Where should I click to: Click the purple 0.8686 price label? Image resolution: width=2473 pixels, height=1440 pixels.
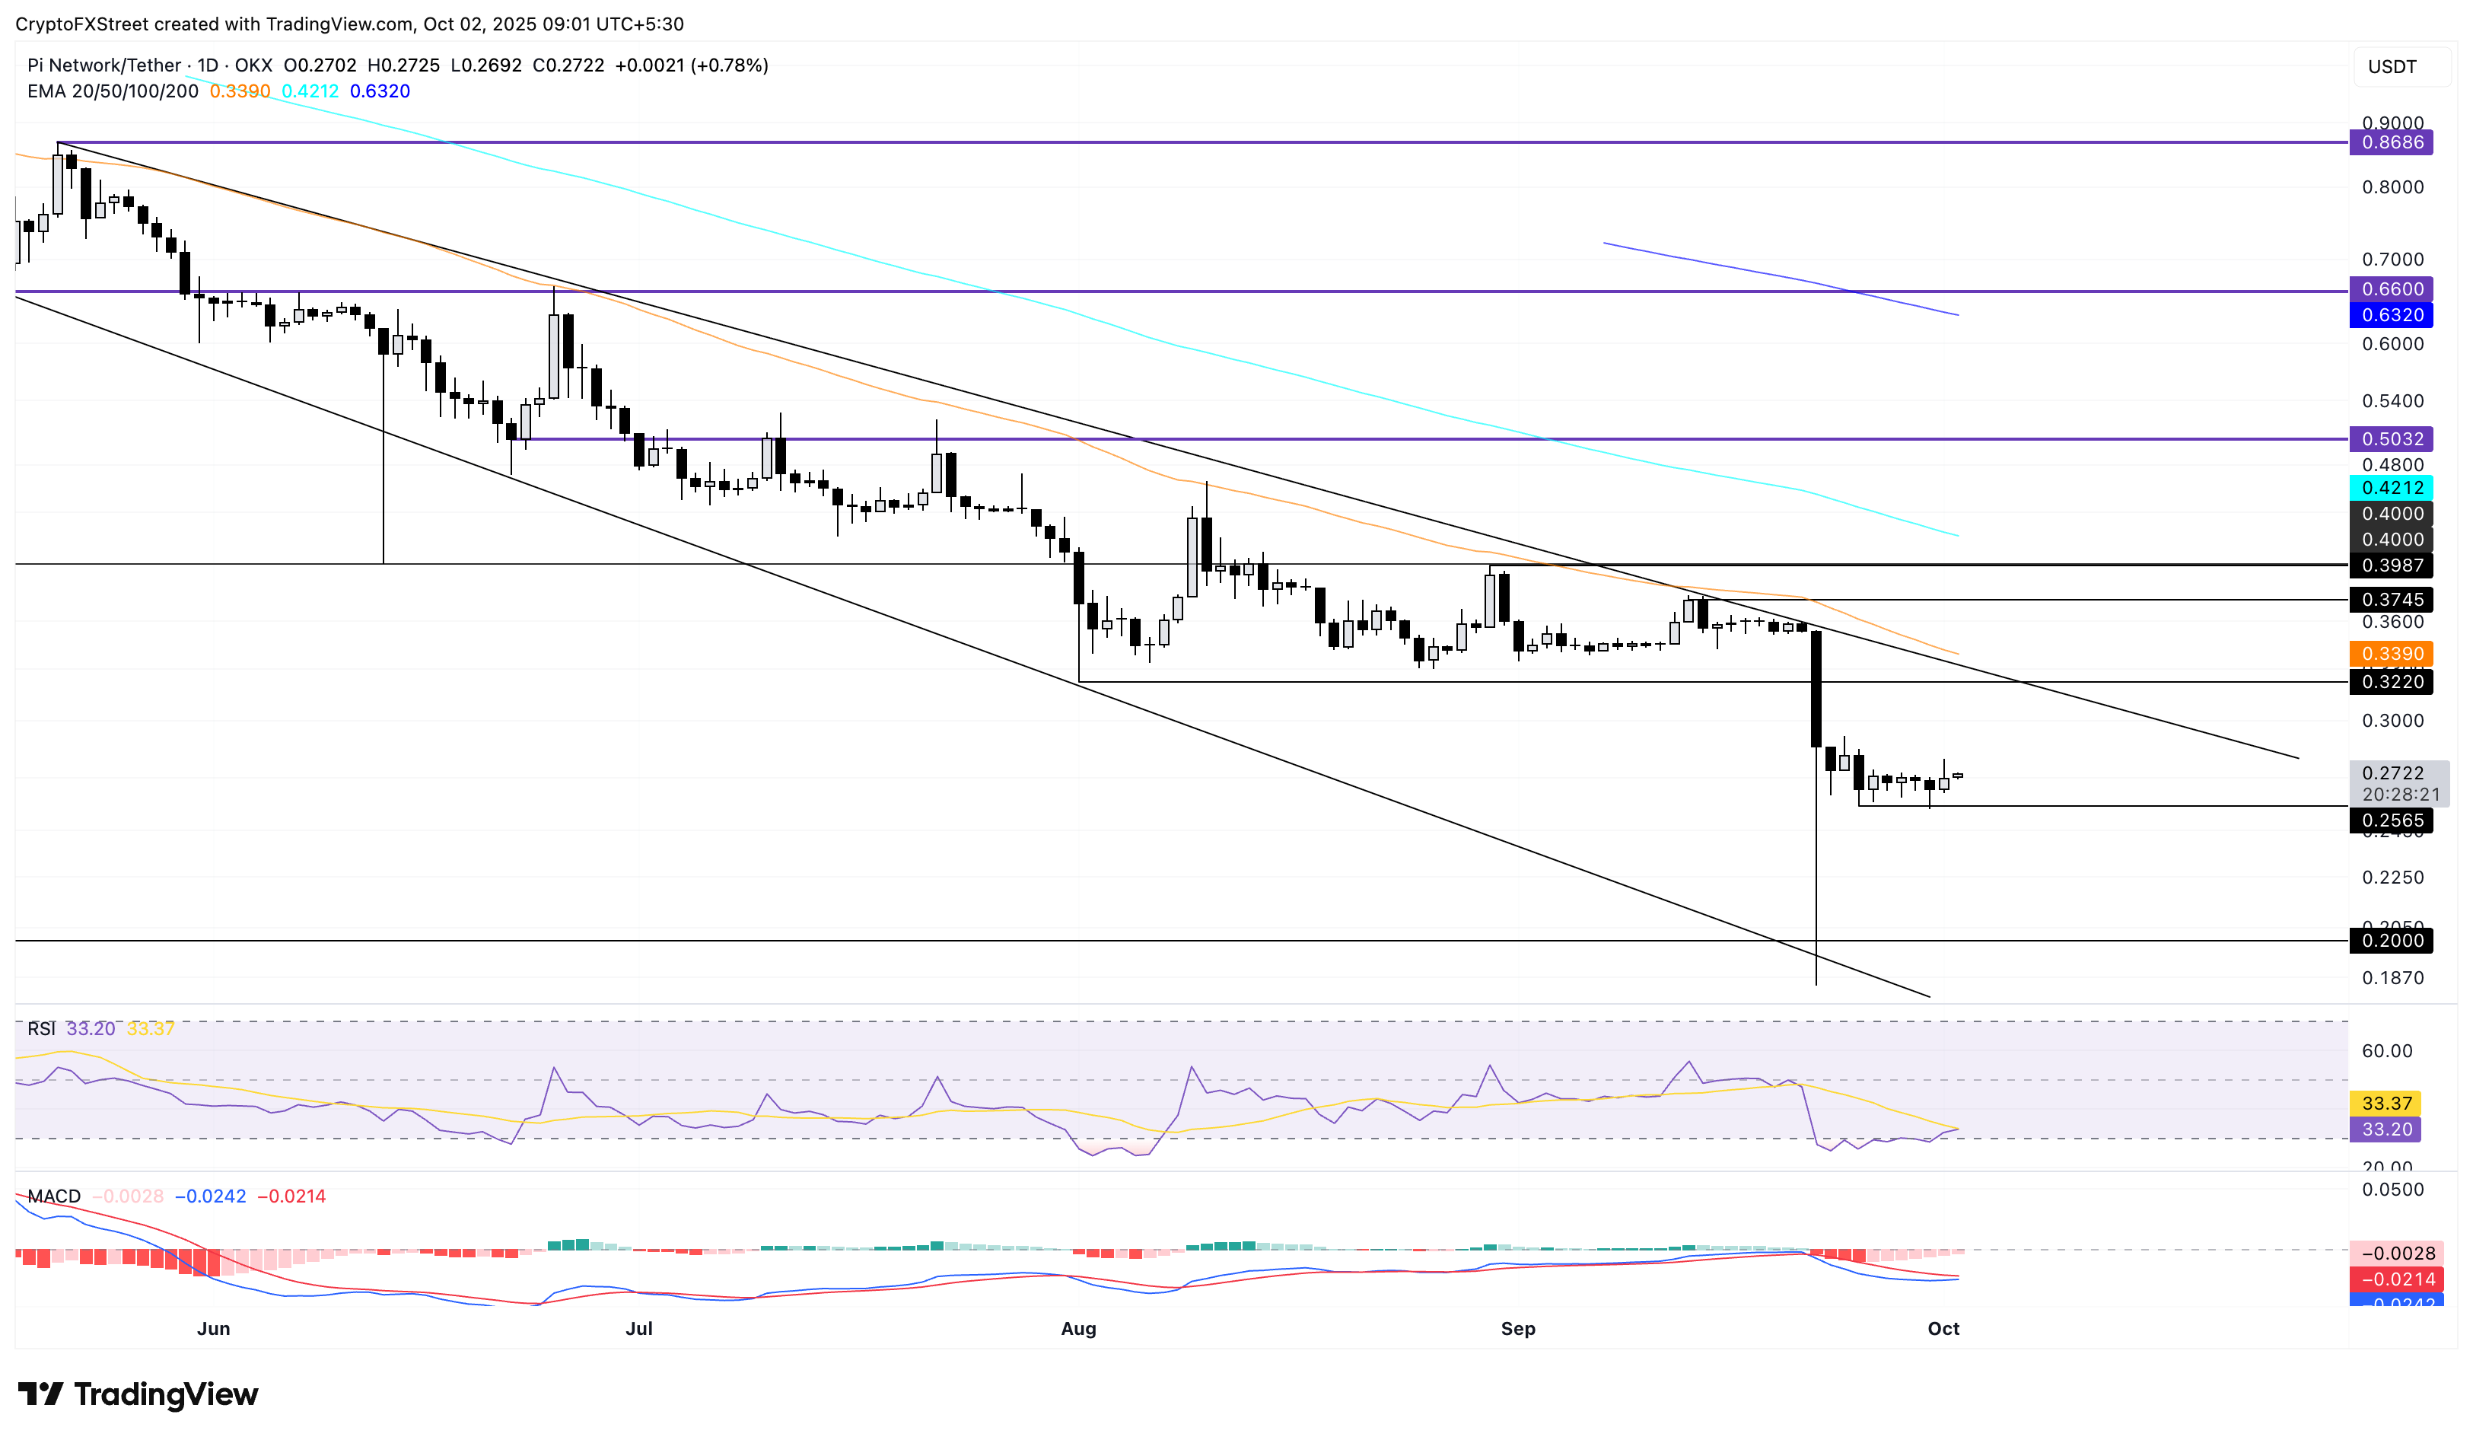click(2391, 142)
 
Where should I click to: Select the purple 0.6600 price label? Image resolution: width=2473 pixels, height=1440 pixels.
click(2391, 289)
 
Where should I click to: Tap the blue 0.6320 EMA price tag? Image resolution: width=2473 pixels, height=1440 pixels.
click(2391, 315)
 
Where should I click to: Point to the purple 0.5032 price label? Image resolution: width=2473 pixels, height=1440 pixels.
click(2391, 438)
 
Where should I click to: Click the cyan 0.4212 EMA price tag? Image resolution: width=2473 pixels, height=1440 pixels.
click(2391, 488)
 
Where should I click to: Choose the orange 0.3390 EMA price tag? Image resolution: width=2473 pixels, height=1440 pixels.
click(2391, 654)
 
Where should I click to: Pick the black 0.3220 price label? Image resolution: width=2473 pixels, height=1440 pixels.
click(2391, 681)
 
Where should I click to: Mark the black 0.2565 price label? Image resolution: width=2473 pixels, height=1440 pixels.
click(2391, 820)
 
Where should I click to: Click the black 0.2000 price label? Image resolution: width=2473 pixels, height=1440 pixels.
click(2391, 941)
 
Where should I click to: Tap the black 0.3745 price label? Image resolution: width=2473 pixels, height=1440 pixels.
click(2391, 600)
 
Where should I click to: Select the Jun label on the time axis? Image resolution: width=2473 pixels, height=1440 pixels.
click(213, 1328)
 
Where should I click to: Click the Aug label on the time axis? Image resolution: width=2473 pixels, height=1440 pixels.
click(1077, 1328)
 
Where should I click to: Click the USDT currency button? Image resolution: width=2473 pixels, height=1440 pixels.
click(2392, 67)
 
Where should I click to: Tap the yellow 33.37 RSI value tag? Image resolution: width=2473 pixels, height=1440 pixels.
click(2385, 1104)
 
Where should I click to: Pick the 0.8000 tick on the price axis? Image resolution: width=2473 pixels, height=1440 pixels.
click(2392, 187)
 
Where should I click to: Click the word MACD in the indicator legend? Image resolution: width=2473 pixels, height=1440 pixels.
click(54, 1196)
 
